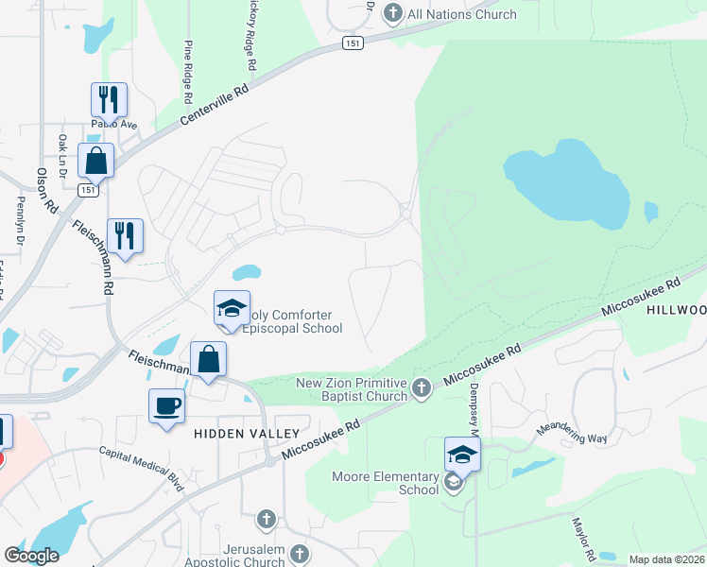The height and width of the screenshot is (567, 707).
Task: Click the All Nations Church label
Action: [x=461, y=14]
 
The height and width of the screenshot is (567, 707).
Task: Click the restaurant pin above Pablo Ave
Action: [x=107, y=99]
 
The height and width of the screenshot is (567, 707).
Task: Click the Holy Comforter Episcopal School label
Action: [x=291, y=321]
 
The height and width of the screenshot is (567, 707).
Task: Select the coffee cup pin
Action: [x=167, y=405]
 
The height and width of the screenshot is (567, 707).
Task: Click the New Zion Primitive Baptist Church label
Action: [x=352, y=389]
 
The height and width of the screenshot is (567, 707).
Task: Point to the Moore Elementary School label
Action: [x=385, y=483]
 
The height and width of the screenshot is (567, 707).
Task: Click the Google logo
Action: [x=31, y=555]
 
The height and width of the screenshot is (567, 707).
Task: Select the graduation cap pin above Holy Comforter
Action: [x=232, y=308]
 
